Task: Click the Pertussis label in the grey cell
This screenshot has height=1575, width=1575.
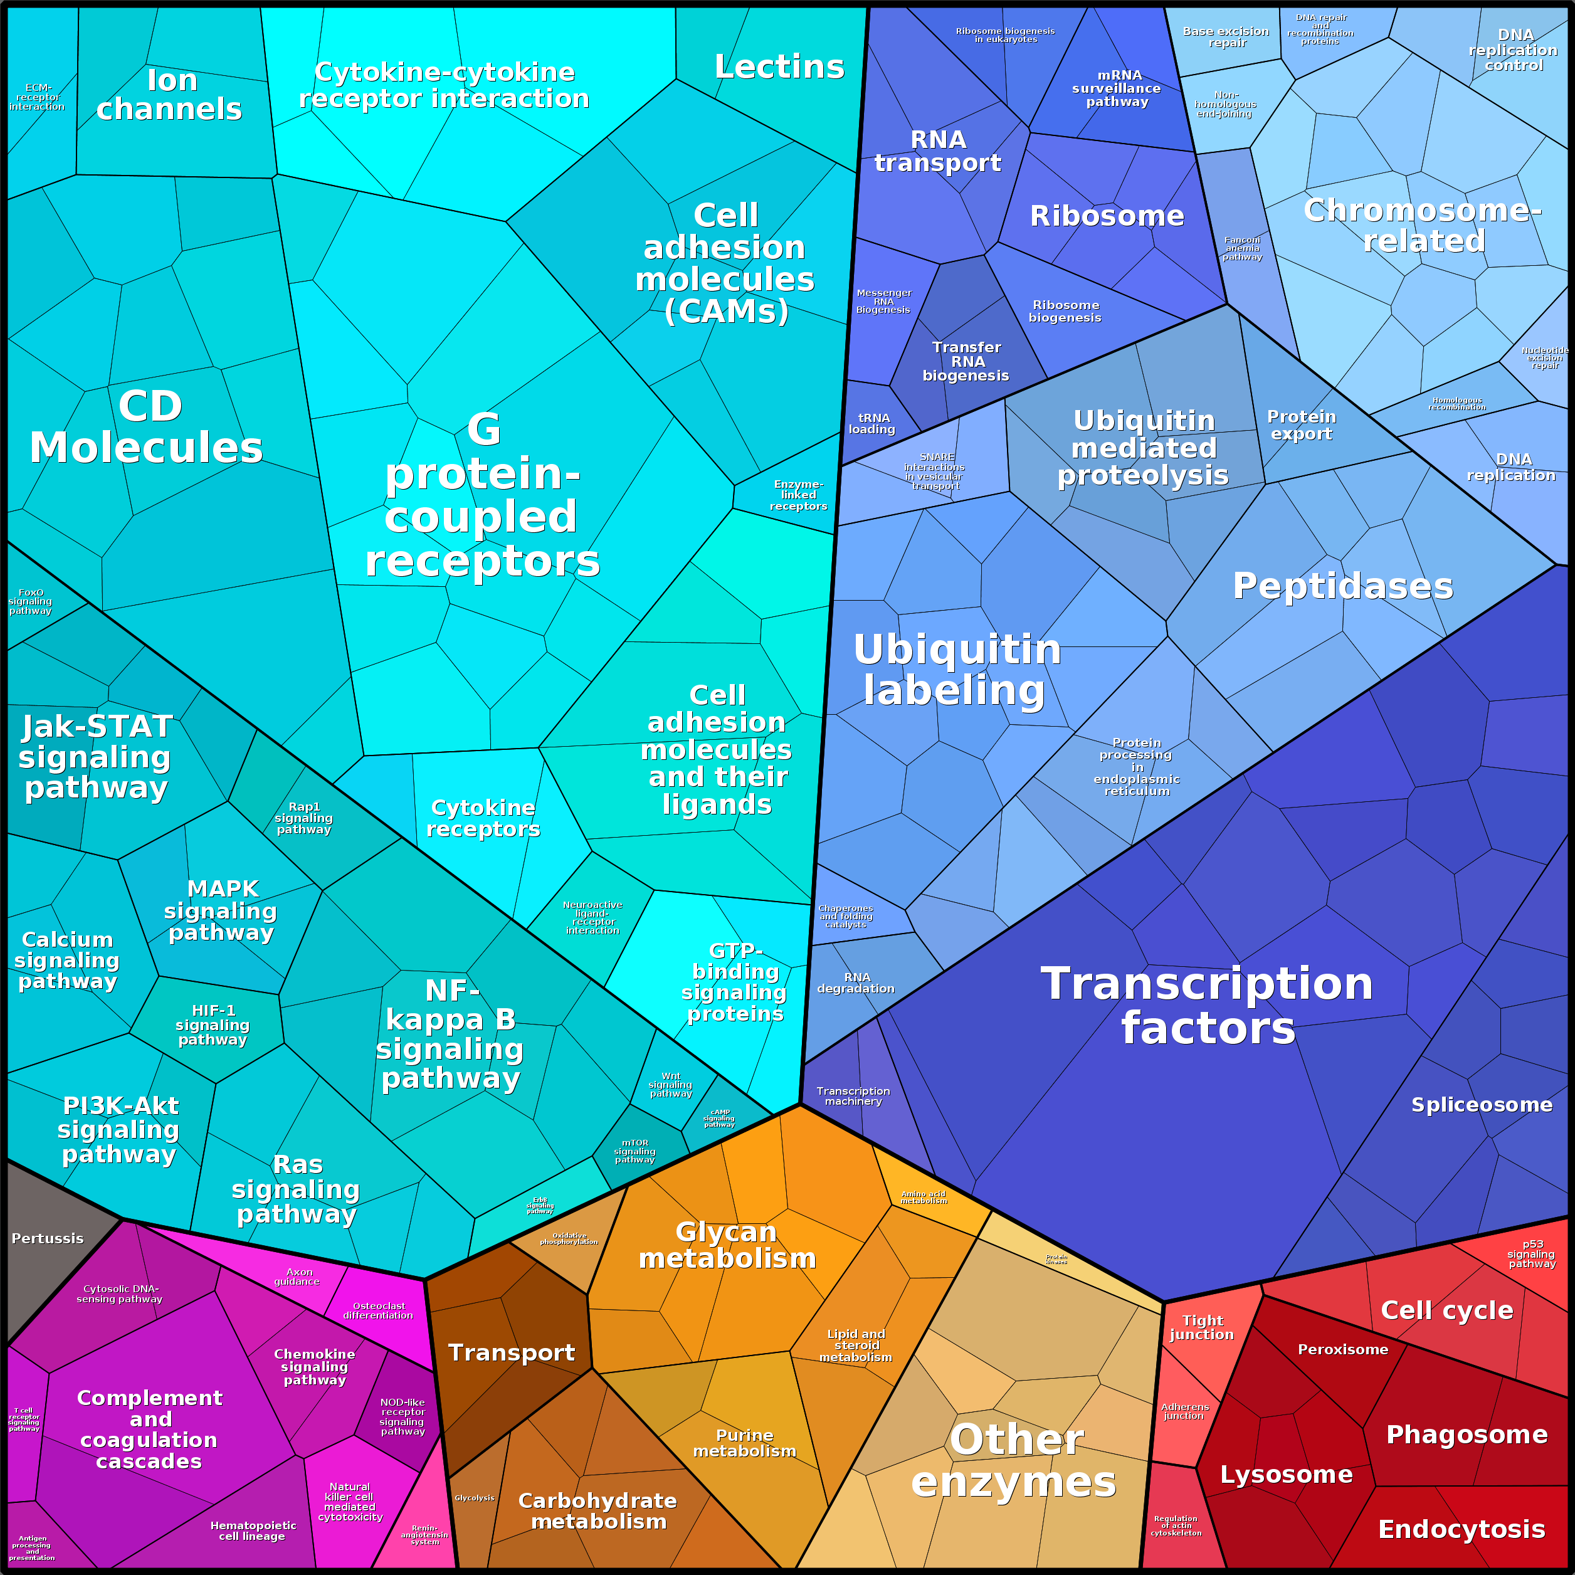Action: pyautogui.click(x=47, y=1238)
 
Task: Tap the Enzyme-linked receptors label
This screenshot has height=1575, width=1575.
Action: pyautogui.click(x=798, y=495)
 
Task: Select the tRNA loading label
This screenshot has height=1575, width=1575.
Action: pyautogui.click(x=872, y=423)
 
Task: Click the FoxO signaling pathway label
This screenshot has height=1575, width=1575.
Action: pyautogui.click(x=30, y=602)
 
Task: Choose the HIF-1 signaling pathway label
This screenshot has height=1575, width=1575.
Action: pyautogui.click(x=212, y=1025)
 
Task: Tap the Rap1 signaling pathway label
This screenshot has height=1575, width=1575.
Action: pyautogui.click(x=303, y=818)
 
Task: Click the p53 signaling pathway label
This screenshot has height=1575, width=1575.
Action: pyautogui.click(x=1532, y=1254)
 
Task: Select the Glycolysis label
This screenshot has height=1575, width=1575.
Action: pyautogui.click(x=475, y=1497)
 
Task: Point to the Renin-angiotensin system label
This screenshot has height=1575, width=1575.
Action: pyautogui.click(x=424, y=1534)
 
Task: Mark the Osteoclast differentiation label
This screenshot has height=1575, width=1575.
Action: pyautogui.click(x=378, y=1310)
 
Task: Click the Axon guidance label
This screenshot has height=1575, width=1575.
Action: pyautogui.click(x=298, y=1277)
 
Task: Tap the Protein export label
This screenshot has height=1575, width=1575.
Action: pyautogui.click(x=1301, y=424)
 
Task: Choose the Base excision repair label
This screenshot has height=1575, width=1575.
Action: pyautogui.click(x=1226, y=37)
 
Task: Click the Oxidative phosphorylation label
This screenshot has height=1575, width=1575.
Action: pyautogui.click(x=569, y=1238)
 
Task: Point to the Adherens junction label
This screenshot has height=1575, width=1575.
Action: pyautogui.click(x=1184, y=1411)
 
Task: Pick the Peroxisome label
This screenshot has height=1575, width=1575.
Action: pyautogui.click(x=1342, y=1349)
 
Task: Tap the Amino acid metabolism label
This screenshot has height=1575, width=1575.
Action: pyautogui.click(x=924, y=1197)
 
